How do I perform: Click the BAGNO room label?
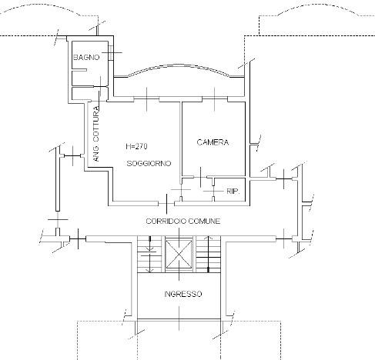coord(86,57)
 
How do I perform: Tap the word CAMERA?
coord(213,142)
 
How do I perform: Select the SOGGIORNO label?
coord(149,163)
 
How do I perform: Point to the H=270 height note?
coord(136,146)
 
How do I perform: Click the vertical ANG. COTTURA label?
coord(96,134)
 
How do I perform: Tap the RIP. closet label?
coord(233,191)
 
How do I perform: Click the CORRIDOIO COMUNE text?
coord(183,221)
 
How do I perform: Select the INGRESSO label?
coord(183,294)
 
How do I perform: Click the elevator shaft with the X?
coord(179,254)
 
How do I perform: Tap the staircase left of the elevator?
coord(149,254)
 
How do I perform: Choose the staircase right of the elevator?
coord(208,254)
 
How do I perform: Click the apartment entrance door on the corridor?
coord(166,204)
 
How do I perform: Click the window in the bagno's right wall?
coord(111,52)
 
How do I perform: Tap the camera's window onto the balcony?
coord(215,99)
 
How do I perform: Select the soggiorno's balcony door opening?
coord(146,99)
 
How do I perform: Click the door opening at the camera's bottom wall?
coord(200,177)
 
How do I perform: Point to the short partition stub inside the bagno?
coord(79,69)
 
